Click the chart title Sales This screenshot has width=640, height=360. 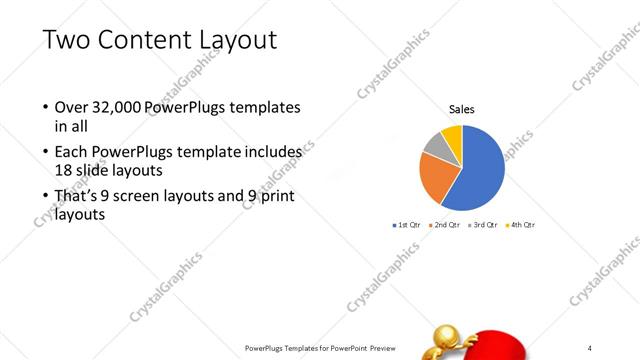coord(461,109)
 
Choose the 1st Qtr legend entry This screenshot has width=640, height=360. coord(408,225)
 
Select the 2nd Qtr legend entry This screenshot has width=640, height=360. coord(445,225)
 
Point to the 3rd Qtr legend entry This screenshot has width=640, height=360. coord(484,225)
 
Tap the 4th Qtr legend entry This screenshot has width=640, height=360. coord(522,225)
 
